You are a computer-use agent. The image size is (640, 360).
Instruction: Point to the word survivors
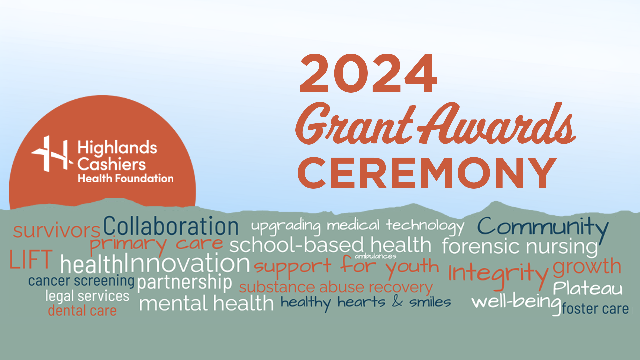tap(57, 230)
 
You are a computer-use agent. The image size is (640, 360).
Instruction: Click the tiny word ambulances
tap(375, 256)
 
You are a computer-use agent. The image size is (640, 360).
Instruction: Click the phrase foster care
tap(595, 309)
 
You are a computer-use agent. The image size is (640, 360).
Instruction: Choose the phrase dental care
tap(82, 311)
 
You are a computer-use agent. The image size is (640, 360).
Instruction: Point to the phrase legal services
tap(87, 296)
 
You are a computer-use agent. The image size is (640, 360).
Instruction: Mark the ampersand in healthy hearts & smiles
tap(397, 301)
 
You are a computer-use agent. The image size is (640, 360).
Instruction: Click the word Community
tap(543, 227)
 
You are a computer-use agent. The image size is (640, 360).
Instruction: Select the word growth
tap(587, 267)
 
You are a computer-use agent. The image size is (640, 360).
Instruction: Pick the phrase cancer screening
tap(81, 281)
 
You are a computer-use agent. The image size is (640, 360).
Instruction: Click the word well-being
tap(516, 302)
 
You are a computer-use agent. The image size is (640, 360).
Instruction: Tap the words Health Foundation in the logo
tap(125, 178)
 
